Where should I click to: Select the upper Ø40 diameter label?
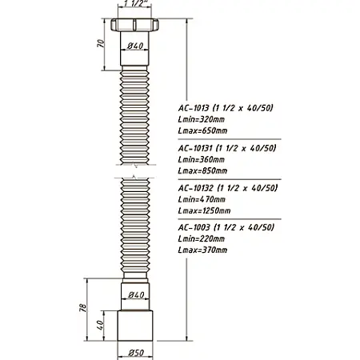[x=134, y=46]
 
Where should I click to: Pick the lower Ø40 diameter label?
[x=134, y=295]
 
